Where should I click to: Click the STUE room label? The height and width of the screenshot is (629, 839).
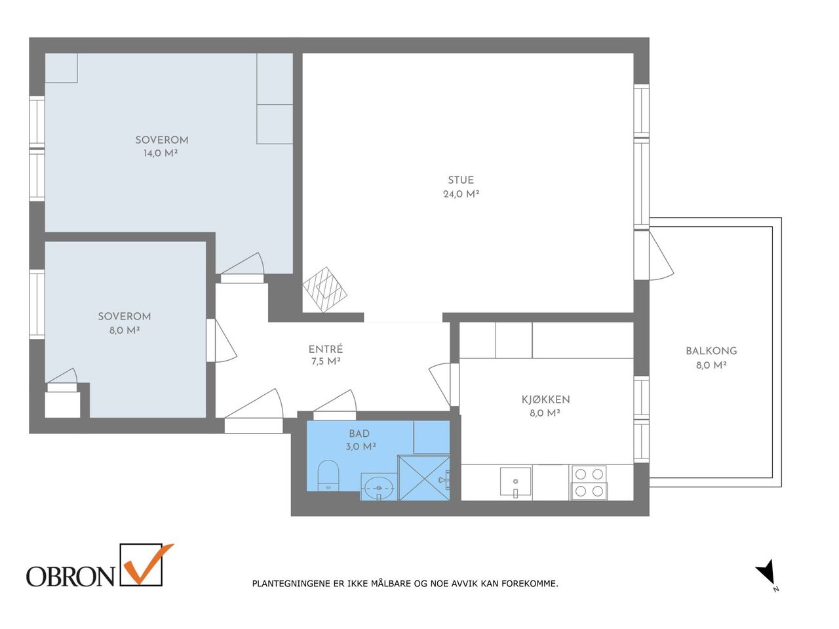[x=461, y=180]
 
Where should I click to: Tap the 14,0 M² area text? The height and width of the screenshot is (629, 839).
[x=161, y=153]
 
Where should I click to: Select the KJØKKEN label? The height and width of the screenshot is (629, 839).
[x=546, y=399]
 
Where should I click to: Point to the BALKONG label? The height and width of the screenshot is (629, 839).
[x=711, y=351]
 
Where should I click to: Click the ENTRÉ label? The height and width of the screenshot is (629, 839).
[x=326, y=349]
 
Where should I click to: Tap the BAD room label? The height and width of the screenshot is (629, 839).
[x=359, y=434]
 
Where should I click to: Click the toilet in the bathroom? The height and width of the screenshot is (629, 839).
[x=329, y=476]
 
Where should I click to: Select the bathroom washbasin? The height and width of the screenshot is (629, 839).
[x=379, y=487]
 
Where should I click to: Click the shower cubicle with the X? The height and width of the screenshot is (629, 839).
[x=424, y=478]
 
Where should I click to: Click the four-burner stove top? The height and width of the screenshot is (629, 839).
[x=589, y=483]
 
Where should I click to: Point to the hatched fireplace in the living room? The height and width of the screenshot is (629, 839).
[x=325, y=290]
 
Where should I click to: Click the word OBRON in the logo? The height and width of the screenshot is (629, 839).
[x=70, y=577]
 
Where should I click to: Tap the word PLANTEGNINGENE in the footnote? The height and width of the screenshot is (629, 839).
[x=292, y=584]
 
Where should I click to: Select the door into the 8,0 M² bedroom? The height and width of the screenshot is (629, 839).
[x=224, y=340]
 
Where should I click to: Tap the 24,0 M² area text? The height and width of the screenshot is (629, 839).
[x=461, y=194]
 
